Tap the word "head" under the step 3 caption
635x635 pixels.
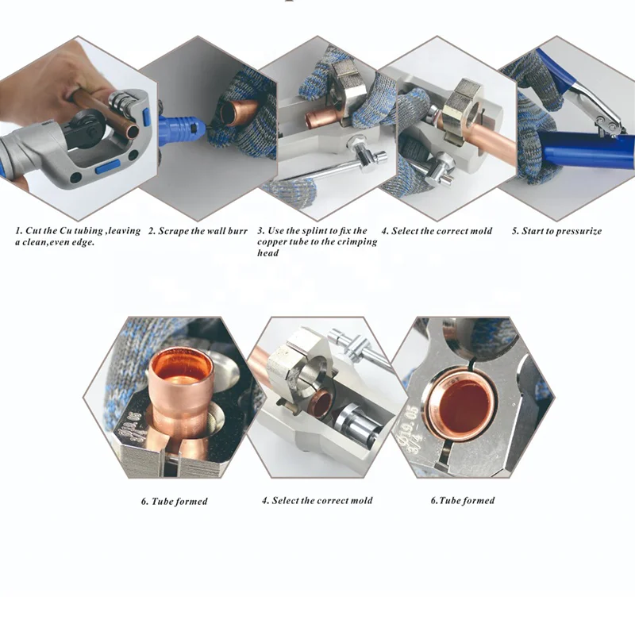(x=267, y=253)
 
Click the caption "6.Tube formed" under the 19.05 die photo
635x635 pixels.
(x=463, y=501)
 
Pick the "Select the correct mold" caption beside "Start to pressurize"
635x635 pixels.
(x=437, y=231)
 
